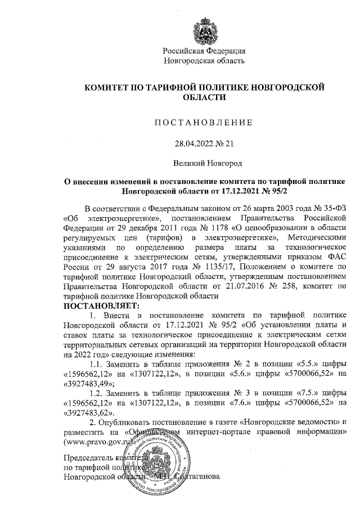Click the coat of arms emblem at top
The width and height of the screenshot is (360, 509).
pos(204,27)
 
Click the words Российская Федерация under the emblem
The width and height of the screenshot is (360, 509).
pos(204,51)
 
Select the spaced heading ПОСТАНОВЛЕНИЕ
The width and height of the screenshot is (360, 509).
pos(204,122)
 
